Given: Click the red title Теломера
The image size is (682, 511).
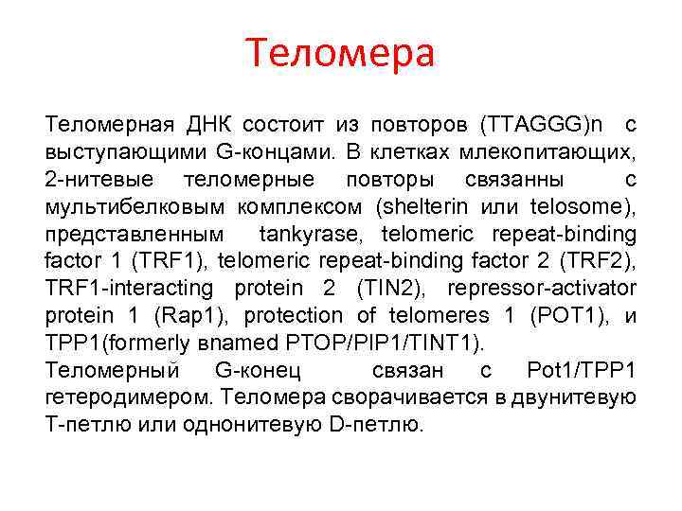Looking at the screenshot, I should pyautogui.click(x=341, y=54).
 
